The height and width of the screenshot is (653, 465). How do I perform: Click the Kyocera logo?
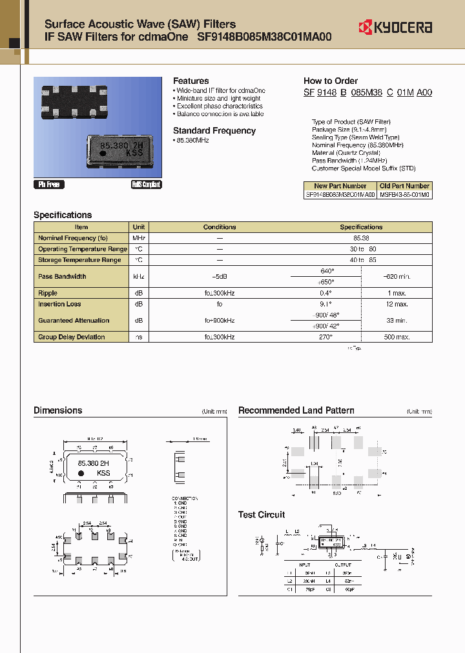tap(395, 27)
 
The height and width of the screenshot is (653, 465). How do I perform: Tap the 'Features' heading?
tap(191, 81)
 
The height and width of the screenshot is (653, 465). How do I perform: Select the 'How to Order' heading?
tap(330, 81)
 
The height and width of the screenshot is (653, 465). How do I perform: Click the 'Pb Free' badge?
tap(48, 185)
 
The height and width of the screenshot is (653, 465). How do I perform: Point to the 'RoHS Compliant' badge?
tap(146, 185)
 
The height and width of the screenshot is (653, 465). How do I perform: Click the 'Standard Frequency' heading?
tap(214, 130)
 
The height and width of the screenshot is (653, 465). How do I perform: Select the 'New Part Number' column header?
tap(340, 186)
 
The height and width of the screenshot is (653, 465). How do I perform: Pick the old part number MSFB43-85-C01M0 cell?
tap(405, 194)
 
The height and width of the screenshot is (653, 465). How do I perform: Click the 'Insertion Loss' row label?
tap(59, 304)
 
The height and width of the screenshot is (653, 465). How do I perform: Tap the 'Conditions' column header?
tap(220, 227)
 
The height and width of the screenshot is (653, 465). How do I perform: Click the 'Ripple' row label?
tap(48, 293)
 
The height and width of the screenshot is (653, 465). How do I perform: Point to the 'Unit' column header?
tap(139, 227)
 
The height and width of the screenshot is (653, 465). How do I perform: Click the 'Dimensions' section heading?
tap(57, 410)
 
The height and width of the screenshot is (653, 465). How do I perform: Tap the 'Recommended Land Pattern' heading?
tap(296, 410)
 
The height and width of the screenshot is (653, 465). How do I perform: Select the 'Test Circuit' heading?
tap(261, 514)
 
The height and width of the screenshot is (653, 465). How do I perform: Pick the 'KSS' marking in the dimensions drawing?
tap(103, 473)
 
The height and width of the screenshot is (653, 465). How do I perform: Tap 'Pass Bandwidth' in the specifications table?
tap(62, 276)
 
